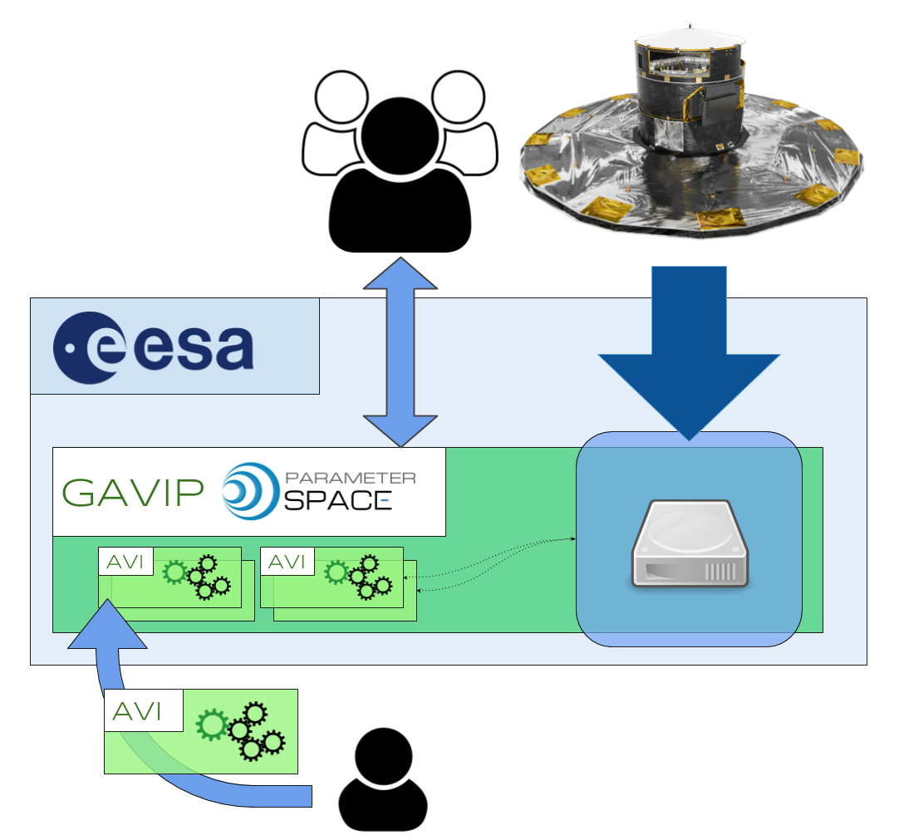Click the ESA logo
pyautogui.click(x=154, y=347)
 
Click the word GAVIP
pyautogui.click(x=133, y=494)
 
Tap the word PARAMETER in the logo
pyautogui.click(x=350, y=478)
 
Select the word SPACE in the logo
pyautogui.click(x=337, y=499)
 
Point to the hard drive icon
pyautogui.click(x=690, y=544)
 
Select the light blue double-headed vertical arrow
pyautogui.click(x=400, y=351)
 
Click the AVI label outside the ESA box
pyautogui.click(x=144, y=712)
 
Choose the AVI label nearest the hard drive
pyautogui.click(x=287, y=562)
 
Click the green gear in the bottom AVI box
pyautogui.click(x=212, y=725)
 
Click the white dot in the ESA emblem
pyautogui.click(x=71, y=348)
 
